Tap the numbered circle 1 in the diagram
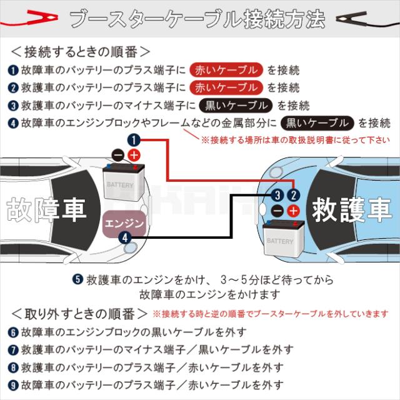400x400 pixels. point(134,140)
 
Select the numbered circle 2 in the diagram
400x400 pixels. point(294,196)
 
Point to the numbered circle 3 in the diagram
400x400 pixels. point(277,196)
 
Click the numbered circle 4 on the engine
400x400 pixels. point(125,238)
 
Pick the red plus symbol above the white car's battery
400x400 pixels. point(134,155)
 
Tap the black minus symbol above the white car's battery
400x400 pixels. point(118,155)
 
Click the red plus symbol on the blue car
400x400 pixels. point(294,211)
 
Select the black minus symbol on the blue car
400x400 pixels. point(277,211)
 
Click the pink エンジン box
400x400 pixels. point(124,222)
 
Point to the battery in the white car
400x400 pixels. point(124,182)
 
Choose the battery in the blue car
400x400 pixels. point(283,238)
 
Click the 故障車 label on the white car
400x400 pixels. point(46,210)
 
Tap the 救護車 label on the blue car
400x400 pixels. point(351,210)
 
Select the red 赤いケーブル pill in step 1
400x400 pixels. point(226,70)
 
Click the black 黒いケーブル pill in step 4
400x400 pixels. point(317,123)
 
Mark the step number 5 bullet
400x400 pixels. point(77,279)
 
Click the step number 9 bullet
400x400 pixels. point(13,385)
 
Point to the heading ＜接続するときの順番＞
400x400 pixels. point(81,52)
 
